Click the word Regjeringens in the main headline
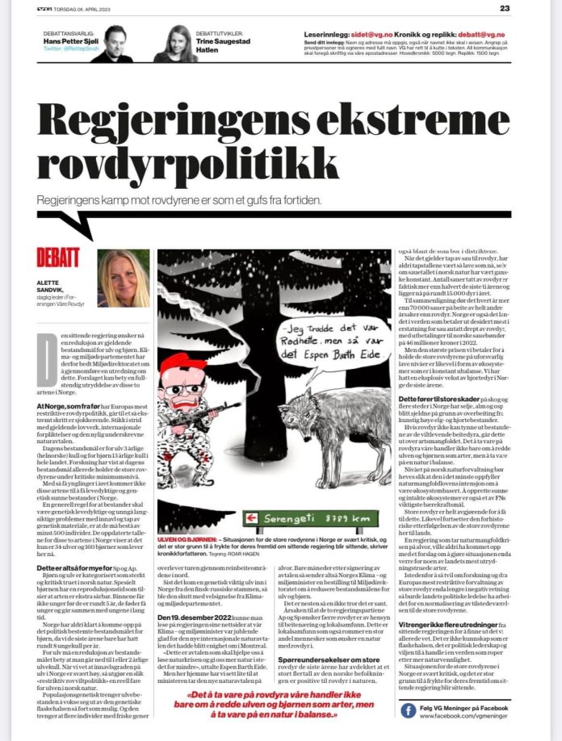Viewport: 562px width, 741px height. (193, 120)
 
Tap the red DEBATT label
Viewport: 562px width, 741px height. (58, 257)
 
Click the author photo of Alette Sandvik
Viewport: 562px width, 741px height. (123, 278)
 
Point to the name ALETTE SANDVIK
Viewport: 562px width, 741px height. (54, 292)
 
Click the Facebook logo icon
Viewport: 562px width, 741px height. (409, 710)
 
